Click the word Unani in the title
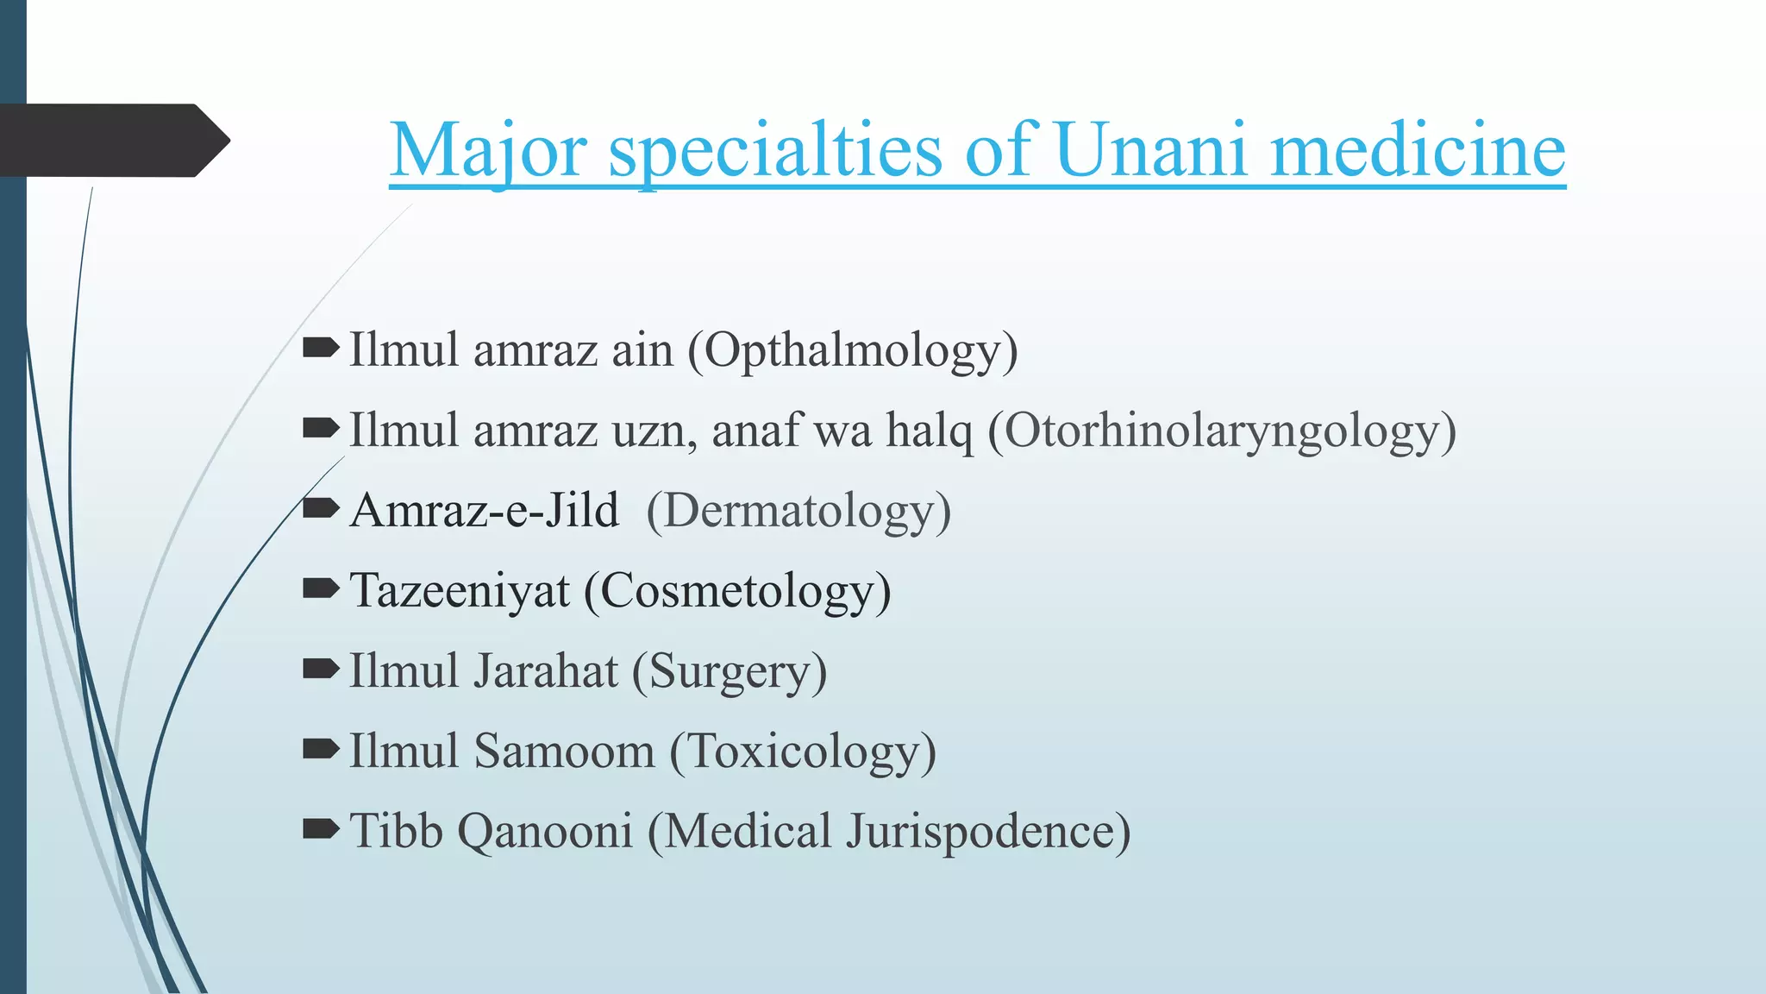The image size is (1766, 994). [x=1150, y=150]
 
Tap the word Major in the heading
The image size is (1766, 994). [x=488, y=150]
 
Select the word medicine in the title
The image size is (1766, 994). [x=1418, y=150]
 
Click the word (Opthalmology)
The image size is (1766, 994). [x=853, y=351]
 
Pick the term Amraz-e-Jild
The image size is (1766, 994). [x=485, y=511]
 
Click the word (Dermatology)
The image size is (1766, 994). [x=798, y=511]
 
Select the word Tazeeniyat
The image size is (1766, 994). [x=460, y=592]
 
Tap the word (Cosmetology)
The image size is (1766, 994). [x=737, y=592]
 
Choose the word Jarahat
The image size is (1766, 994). [x=546, y=671]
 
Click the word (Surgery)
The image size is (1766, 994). [x=730, y=671]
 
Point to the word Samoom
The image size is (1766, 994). [x=565, y=752]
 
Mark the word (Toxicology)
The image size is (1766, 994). [x=803, y=752]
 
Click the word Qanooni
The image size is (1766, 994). [x=545, y=832]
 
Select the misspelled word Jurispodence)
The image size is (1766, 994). [x=988, y=832]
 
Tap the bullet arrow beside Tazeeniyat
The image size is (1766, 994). [x=321, y=588]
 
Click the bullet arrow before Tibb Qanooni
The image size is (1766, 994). [x=321, y=829]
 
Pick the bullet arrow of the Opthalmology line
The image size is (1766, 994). [x=321, y=348]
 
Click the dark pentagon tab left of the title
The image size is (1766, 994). [x=112, y=141]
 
